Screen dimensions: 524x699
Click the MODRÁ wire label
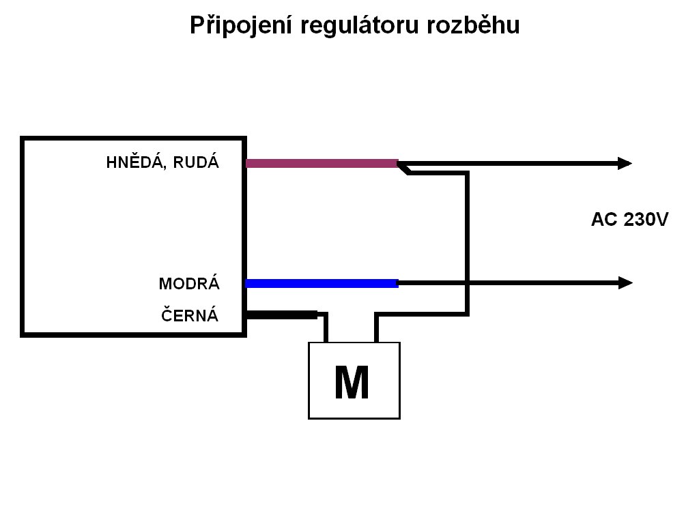coord(189,283)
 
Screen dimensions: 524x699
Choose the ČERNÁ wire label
coord(190,315)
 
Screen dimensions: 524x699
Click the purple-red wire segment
coord(321,163)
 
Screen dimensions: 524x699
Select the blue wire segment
coord(321,283)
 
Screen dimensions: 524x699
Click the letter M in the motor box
coord(352,383)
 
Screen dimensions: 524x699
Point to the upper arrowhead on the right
coord(625,163)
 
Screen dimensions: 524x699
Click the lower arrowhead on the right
coord(625,282)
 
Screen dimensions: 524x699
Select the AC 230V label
coord(629,220)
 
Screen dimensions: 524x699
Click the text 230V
coord(644,220)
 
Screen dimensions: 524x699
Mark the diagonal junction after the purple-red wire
coord(404,168)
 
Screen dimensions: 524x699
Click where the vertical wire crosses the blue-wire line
coord(467,282)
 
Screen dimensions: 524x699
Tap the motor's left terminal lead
coord(326,329)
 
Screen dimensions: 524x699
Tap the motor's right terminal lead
coord(376,329)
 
